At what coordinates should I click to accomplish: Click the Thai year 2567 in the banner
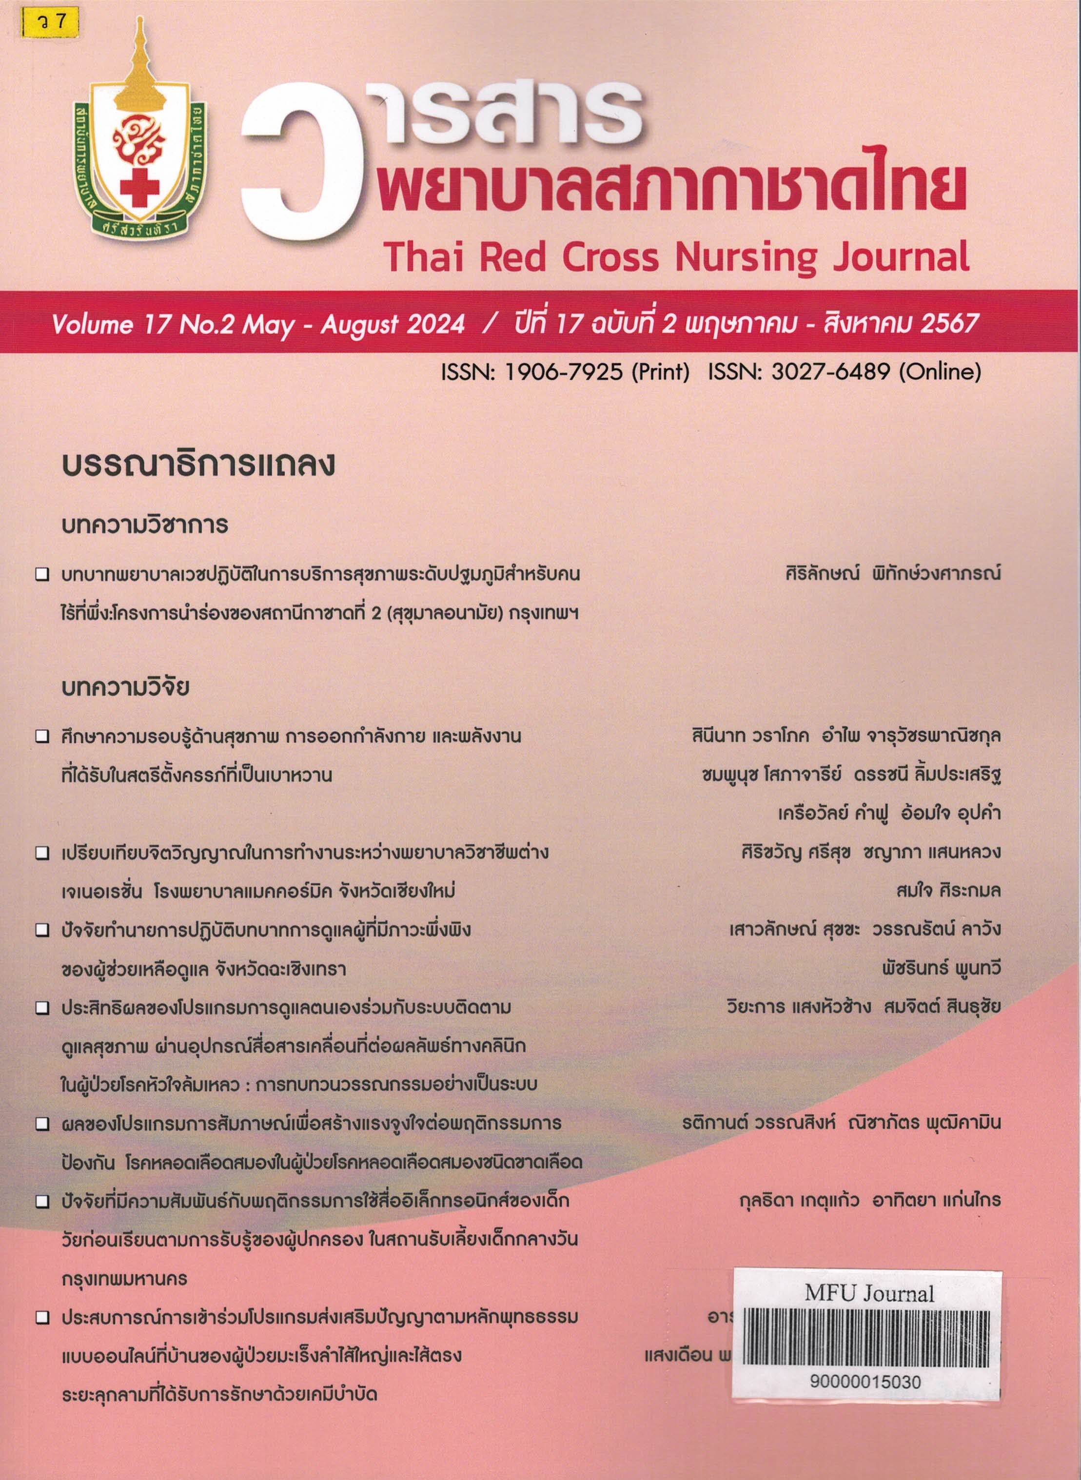click(948, 324)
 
